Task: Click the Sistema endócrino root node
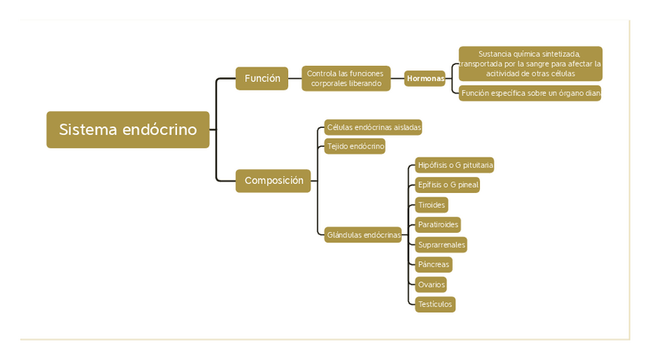tap(127, 129)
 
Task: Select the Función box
tap(261, 78)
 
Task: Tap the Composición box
tap(273, 181)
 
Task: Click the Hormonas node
tap(425, 78)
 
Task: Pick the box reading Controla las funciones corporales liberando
tap(346, 78)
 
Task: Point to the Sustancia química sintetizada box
tap(530, 64)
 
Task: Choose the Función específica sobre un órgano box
tap(530, 93)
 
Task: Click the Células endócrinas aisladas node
tap(373, 127)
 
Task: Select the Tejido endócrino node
tap(355, 146)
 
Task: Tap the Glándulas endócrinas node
tap(363, 235)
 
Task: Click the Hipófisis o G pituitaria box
tap(455, 165)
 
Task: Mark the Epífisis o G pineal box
tap(448, 185)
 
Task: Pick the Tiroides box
tap(432, 205)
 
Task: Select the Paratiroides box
tap(438, 224)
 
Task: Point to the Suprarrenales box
tap(441, 245)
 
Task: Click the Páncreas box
tap(433, 265)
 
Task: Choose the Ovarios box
tap(431, 285)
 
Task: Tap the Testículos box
tap(435, 305)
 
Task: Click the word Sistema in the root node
tap(87, 129)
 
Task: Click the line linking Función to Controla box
tap(295, 78)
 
